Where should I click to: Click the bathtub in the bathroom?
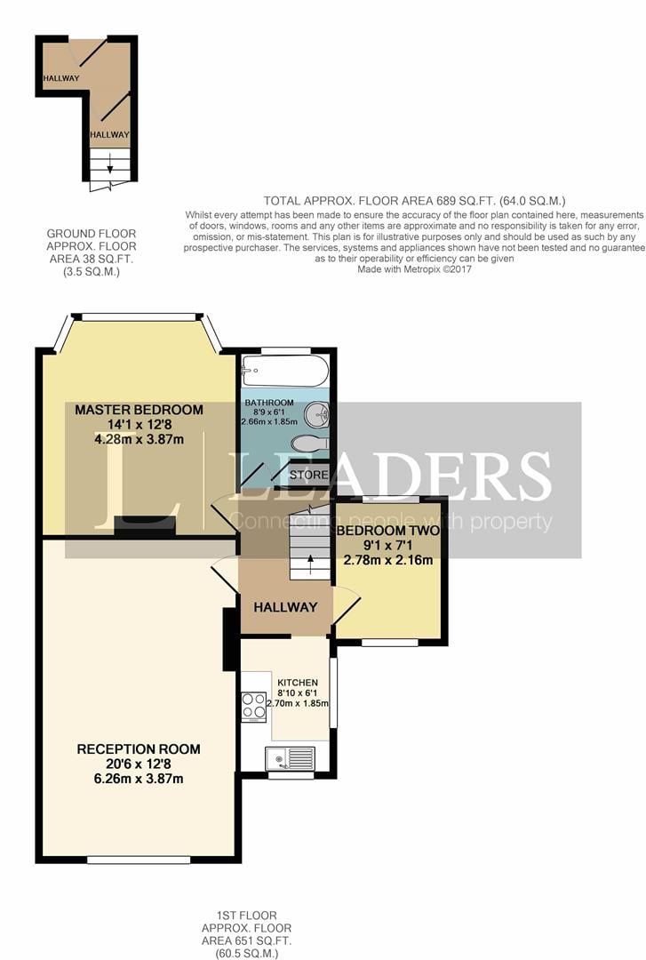pos(284,371)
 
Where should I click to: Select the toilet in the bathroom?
pos(311,443)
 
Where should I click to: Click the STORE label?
pos(308,475)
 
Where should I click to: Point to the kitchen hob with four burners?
pos(253,707)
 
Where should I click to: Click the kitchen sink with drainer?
pos(290,758)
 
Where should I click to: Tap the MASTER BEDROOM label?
pos(139,410)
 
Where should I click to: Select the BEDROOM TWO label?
pos(387,530)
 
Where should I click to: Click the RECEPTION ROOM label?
pos(139,748)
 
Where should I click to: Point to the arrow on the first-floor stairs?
pos(310,564)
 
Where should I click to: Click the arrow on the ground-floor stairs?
pos(110,163)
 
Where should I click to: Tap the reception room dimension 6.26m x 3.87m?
pos(139,779)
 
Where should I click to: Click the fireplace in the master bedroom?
pos(145,526)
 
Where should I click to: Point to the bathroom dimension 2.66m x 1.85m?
pos(269,422)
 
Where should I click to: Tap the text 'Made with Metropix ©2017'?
pos(415,269)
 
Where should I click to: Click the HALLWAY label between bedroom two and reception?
pos(285,607)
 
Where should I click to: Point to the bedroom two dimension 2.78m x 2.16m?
pos(388,560)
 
